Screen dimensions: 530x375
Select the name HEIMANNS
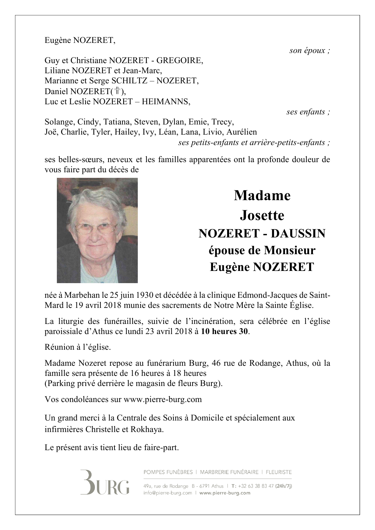(167, 102)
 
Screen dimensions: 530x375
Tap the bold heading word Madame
(262, 195)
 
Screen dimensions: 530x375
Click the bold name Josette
(262, 215)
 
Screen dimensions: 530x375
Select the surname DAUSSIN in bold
(298, 233)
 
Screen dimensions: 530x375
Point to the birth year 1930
(144, 295)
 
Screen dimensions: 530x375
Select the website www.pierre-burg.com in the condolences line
(163, 400)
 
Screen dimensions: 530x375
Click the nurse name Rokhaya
(147, 430)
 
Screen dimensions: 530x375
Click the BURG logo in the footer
(105, 483)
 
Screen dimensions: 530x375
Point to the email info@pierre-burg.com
(168, 493)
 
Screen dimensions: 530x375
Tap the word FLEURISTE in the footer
(279, 472)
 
